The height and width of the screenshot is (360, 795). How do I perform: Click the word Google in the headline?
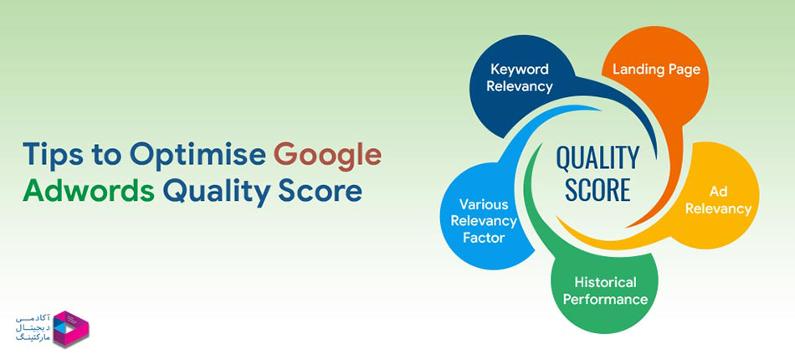pyautogui.click(x=328, y=157)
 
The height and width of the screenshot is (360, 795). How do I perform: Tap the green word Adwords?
pyautogui.click(x=89, y=192)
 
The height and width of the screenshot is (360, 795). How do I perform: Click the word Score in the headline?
pyautogui.click(x=321, y=192)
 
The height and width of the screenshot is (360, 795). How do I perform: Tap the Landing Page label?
pyautogui.click(x=656, y=69)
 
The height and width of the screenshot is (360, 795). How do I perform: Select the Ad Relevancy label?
pyautogui.click(x=717, y=199)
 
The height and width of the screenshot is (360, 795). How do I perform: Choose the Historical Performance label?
pyautogui.click(x=605, y=290)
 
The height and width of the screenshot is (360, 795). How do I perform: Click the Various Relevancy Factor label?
pyautogui.click(x=488, y=221)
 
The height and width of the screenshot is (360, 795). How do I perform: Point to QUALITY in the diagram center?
pyautogui.click(x=598, y=157)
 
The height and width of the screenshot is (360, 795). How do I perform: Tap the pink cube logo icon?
pyautogui.click(x=71, y=328)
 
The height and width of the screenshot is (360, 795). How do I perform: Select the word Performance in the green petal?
pyautogui.click(x=605, y=299)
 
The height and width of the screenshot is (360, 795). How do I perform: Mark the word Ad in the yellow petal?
pyautogui.click(x=717, y=191)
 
